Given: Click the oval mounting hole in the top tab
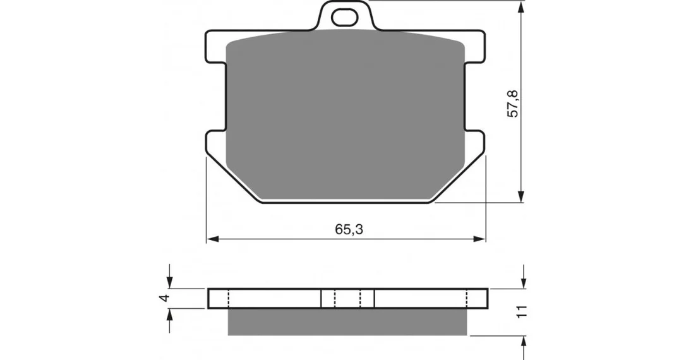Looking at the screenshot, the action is tap(344, 18).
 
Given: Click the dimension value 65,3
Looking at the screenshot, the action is tap(349, 229).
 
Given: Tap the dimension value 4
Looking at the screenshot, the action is tap(164, 298).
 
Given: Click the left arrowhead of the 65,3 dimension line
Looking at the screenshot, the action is tap(212, 239).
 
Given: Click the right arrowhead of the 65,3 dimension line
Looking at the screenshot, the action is tap(479, 239).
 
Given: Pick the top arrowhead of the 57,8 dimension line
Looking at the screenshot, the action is tap(521, 6).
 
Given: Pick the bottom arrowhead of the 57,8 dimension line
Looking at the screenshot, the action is tap(521, 196).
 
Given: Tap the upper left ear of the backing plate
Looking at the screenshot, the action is tap(215, 46).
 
